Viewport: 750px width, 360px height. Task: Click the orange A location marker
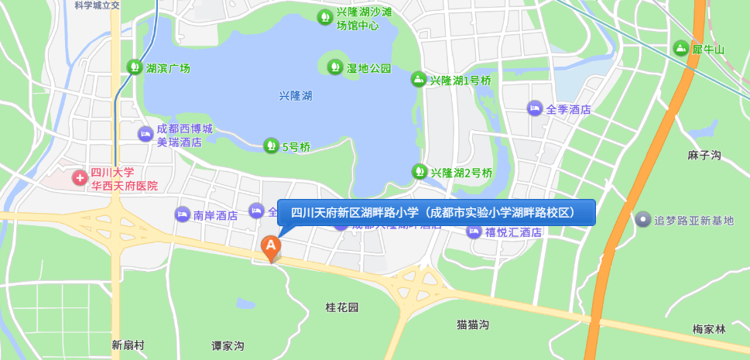pyautogui.click(x=270, y=247)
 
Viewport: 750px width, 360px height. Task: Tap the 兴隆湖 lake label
pyautogui.click(x=296, y=96)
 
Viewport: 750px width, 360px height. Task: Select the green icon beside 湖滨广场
pyautogui.click(x=135, y=67)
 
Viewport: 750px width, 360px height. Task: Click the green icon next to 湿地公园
pyautogui.click(x=335, y=67)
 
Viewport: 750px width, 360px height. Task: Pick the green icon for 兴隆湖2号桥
pyautogui.click(x=419, y=172)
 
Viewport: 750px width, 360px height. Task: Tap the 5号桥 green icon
pyautogui.click(x=270, y=146)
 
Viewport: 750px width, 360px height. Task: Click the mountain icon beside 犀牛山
pyautogui.click(x=680, y=49)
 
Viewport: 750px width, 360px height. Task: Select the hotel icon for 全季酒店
pyautogui.click(x=535, y=108)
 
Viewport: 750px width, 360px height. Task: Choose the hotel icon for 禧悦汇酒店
pyautogui.click(x=474, y=231)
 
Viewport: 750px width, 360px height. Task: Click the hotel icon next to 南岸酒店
pyautogui.click(x=182, y=214)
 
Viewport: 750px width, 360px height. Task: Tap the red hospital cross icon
pyautogui.click(x=80, y=178)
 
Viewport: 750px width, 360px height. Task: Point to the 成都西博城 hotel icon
pyautogui.click(x=145, y=134)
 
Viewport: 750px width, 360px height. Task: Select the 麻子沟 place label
pyautogui.click(x=704, y=156)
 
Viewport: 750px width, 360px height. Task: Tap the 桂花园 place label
pyautogui.click(x=342, y=307)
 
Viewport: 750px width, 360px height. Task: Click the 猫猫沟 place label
pyautogui.click(x=473, y=324)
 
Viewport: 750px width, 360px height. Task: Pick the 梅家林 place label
pyautogui.click(x=709, y=329)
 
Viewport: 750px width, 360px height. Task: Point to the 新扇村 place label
pyautogui.click(x=128, y=345)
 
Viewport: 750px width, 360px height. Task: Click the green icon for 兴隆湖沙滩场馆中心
pyautogui.click(x=325, y=16)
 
